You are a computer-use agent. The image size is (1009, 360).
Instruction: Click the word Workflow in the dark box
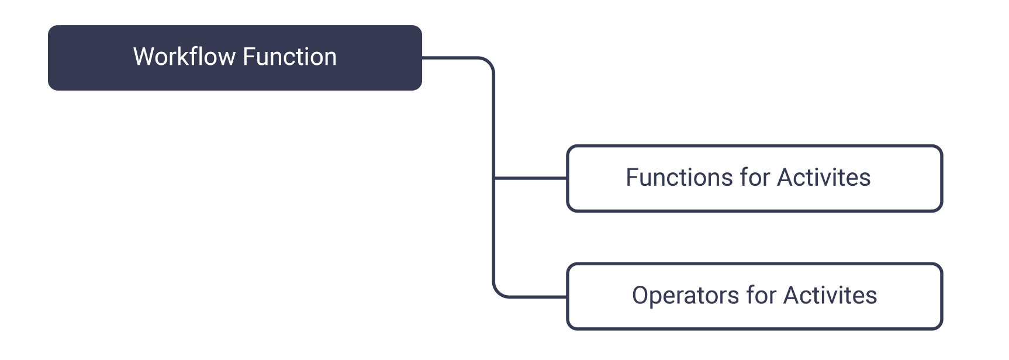(184, 57)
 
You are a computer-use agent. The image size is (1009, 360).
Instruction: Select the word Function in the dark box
(289, 57)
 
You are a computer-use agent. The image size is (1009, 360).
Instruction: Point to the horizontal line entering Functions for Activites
(531, 178)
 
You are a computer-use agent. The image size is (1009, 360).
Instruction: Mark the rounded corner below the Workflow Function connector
(489, 63)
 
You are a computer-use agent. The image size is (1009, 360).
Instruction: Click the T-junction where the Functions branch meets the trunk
(495, 178)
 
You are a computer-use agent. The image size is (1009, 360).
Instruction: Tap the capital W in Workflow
(144, 57)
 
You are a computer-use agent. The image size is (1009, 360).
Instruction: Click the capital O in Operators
(641, 296)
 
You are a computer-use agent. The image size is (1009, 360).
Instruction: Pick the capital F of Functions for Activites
(633, 178)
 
